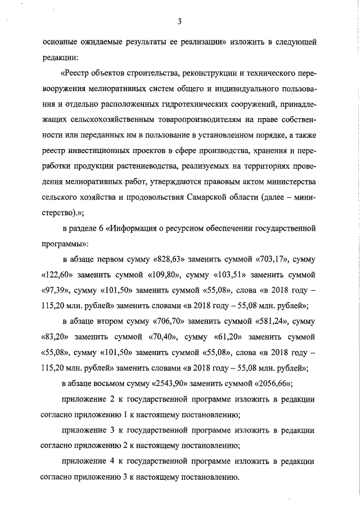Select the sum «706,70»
coord(169,323)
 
